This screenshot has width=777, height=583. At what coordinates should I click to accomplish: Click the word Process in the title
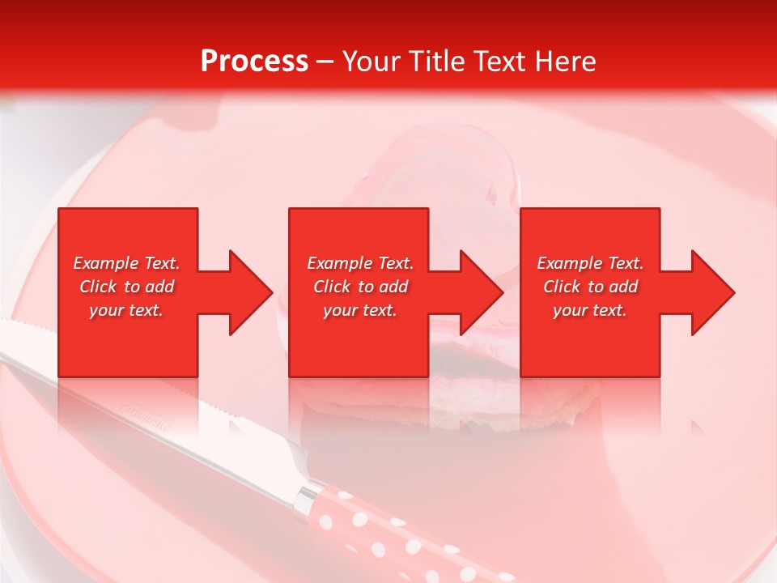(254, 62)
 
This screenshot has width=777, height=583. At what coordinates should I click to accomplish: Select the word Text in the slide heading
(500, 62)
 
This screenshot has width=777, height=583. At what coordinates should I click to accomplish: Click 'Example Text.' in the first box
(126, 263)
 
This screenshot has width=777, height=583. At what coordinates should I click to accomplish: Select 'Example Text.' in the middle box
(360, 263)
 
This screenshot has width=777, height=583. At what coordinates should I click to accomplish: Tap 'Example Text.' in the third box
(590, 263)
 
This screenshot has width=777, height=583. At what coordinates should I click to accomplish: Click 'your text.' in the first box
(126, 310)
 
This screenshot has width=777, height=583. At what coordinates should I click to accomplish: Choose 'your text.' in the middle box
(360, 310)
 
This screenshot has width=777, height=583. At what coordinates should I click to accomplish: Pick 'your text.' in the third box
(590, 310)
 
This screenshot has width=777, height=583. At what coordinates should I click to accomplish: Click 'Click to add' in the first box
(126, 287)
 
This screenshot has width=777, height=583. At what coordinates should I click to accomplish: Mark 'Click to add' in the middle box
(360, 287)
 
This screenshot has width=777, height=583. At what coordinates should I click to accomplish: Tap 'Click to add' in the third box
(590, 287)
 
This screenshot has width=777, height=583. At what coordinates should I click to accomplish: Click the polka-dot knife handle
(388, 526)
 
